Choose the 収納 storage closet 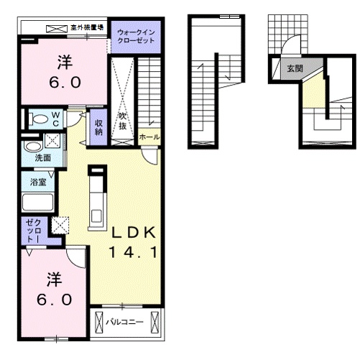click(99, 126)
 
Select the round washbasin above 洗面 click(34, 144)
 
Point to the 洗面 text click(42, 157)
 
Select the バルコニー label click(122, 323)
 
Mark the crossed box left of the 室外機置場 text click(56, 28)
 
